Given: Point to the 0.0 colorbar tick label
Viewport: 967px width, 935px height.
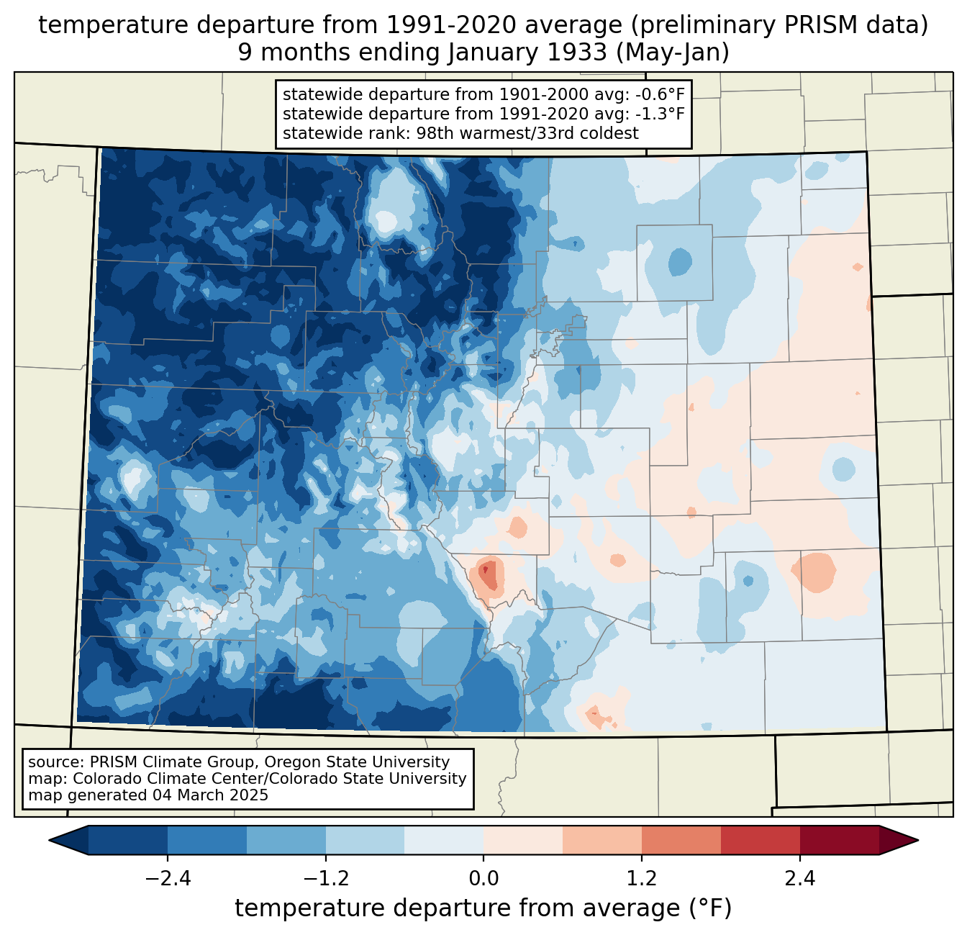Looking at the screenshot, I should click(484, 879).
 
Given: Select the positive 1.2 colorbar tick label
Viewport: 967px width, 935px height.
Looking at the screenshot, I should click(642, 879).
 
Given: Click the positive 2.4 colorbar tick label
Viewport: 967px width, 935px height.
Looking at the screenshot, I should click(800, 879).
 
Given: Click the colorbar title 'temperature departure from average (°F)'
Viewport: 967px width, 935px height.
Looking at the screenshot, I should click(484, 908).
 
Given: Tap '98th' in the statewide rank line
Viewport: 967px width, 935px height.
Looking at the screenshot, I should click(435, 133).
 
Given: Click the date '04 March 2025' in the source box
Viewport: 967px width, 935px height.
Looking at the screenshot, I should click(209, 795).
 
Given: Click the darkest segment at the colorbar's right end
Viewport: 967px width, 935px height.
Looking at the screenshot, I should click(839, 840).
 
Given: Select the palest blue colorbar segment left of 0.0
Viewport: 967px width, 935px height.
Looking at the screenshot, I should click(444, 840).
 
